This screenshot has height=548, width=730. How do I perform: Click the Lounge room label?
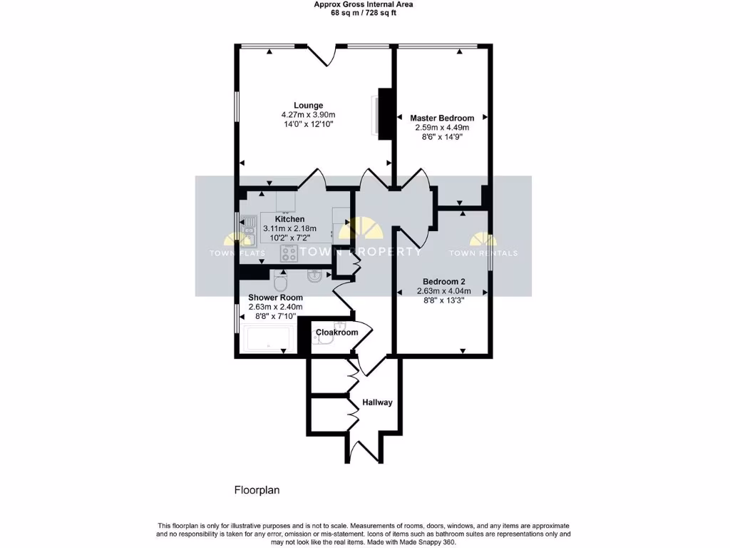pos(308,106)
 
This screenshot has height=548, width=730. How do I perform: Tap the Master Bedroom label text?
pos(442,118)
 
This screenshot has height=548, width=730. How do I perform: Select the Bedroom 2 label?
pos(443,281)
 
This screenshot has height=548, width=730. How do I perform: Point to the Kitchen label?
pos(289,219)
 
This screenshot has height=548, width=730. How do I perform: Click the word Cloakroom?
pos(336,333)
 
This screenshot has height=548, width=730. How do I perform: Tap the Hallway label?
pos(377,402)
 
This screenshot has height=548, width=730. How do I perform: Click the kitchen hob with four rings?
pos(289,252)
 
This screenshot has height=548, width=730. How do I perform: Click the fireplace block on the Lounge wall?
pos(386,114)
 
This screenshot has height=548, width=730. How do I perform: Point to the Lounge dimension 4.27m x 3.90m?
pos(308,115)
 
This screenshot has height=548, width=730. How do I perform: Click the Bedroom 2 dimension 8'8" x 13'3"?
pos(443,300)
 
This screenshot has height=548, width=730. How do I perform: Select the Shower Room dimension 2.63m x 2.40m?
pos(275,308)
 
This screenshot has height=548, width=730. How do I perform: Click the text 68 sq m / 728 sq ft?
pos(364,13)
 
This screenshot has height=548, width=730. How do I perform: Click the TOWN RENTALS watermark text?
pos(483,253)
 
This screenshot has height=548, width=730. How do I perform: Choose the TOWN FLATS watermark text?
pos(237,253)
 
